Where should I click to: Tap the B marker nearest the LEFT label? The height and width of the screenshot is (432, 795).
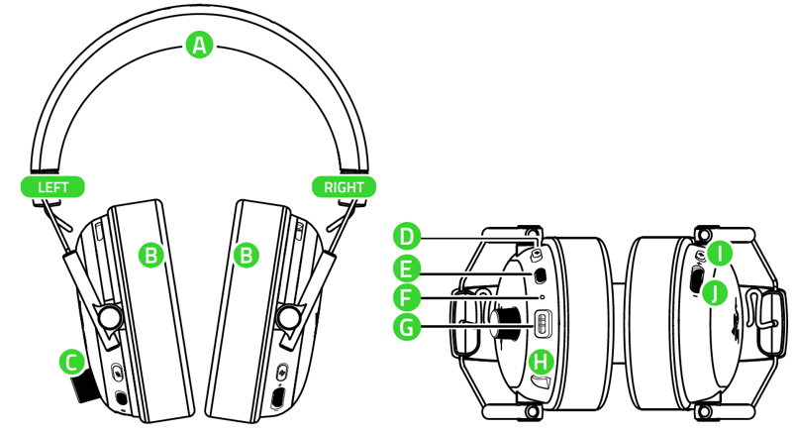point(150,256)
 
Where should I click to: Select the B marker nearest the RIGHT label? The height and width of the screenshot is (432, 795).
point(247,256)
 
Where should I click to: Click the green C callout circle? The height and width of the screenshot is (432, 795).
point(70,363)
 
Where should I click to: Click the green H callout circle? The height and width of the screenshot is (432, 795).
point(538,361)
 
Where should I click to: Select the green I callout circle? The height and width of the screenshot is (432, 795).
point(721,254)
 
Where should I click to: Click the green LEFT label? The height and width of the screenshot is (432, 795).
point(51,185)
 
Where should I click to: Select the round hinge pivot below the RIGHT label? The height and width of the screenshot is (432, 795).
point(290,317)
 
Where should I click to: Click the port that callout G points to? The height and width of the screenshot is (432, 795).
point(543,322)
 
